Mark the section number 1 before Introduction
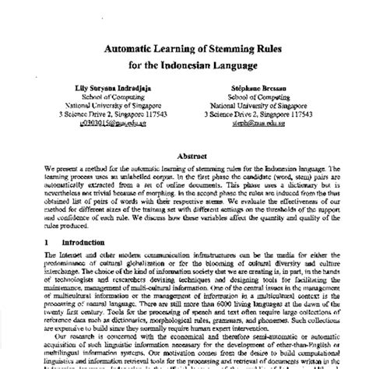pos(46,265)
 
